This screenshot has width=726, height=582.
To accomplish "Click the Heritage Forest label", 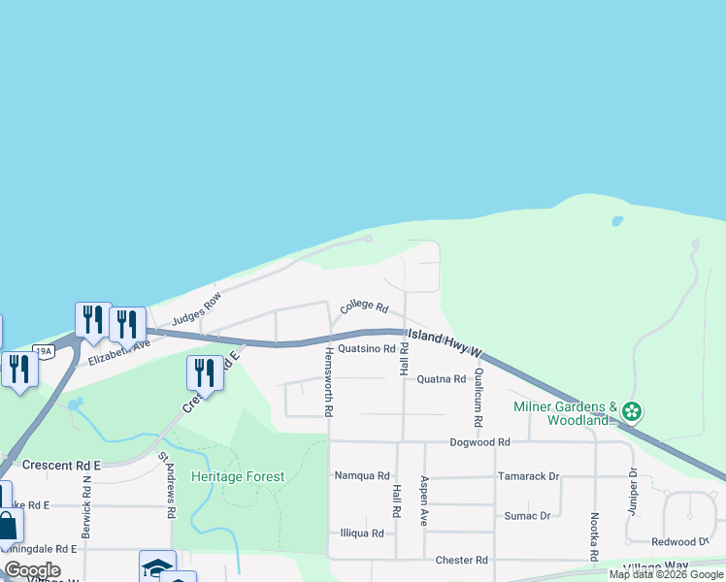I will pos(238,477).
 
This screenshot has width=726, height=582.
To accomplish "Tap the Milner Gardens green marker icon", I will pos(632,411).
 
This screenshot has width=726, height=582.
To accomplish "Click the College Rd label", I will pos(364,307).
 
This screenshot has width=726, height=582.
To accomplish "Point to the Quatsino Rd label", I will pos(366,349).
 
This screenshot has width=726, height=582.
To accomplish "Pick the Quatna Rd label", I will pos(442,379).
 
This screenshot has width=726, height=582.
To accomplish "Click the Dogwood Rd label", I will pos(479,442).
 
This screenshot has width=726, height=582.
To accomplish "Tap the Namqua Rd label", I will pos(361,476).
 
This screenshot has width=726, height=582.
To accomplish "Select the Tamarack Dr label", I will pos(528,476).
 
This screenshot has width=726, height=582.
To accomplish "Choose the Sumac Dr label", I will pos(527,516).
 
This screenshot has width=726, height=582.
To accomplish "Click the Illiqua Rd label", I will pos(362,533).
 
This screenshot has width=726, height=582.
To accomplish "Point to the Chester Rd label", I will pos(461,561).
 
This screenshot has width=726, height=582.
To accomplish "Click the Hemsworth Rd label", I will pos(329,381).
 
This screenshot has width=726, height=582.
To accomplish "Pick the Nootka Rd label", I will pos(594,537).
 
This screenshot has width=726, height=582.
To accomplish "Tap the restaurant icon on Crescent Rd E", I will pos(205,372).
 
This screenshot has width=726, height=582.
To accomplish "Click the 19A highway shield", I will pos(43,350).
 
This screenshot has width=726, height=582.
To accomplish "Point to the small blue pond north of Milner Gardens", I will pos(617,221).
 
